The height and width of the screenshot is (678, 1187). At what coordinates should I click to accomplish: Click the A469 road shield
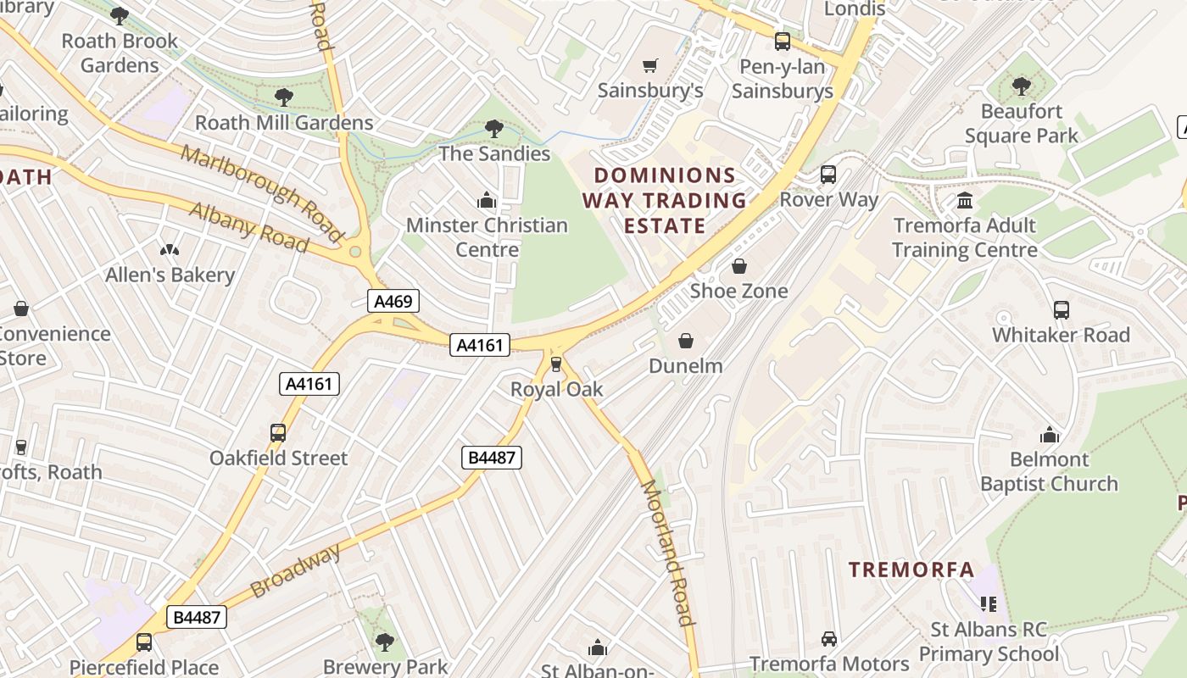(393, 300)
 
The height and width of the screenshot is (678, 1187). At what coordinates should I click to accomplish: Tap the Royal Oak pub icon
(556, 364)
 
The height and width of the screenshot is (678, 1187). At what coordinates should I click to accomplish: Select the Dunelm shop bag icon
(685, 341)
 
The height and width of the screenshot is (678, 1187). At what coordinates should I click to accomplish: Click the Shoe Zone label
(738, 291)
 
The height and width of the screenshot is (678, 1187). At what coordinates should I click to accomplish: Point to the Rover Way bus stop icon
(828, 175)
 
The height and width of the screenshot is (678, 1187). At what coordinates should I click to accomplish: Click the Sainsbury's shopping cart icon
(650, 65)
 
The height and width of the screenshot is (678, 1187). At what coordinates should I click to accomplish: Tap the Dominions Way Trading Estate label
(665, 200)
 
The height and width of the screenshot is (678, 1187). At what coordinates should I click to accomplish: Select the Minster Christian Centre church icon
(487, 200)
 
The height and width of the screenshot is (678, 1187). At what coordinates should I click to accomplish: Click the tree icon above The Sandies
(493, 129)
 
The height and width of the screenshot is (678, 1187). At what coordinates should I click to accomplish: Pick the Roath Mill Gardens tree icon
(284, 97)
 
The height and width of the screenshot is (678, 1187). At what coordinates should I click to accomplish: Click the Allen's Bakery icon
(170, 250)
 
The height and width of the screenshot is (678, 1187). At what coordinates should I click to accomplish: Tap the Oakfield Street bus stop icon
(278, 433)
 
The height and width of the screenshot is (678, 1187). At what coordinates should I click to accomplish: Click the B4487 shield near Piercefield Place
(196, 616)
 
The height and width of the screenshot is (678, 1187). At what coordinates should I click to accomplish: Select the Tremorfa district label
(911, 570)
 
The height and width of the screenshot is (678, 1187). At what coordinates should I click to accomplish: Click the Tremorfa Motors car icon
(829, 639)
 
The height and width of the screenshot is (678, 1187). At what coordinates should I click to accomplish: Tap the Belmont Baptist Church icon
(1050, 435)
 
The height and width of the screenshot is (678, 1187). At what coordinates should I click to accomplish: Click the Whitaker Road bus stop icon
(1061, 310)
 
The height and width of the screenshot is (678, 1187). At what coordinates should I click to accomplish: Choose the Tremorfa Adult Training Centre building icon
(965, 201)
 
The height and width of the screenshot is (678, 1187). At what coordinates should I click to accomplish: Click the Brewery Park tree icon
(385, 642)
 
